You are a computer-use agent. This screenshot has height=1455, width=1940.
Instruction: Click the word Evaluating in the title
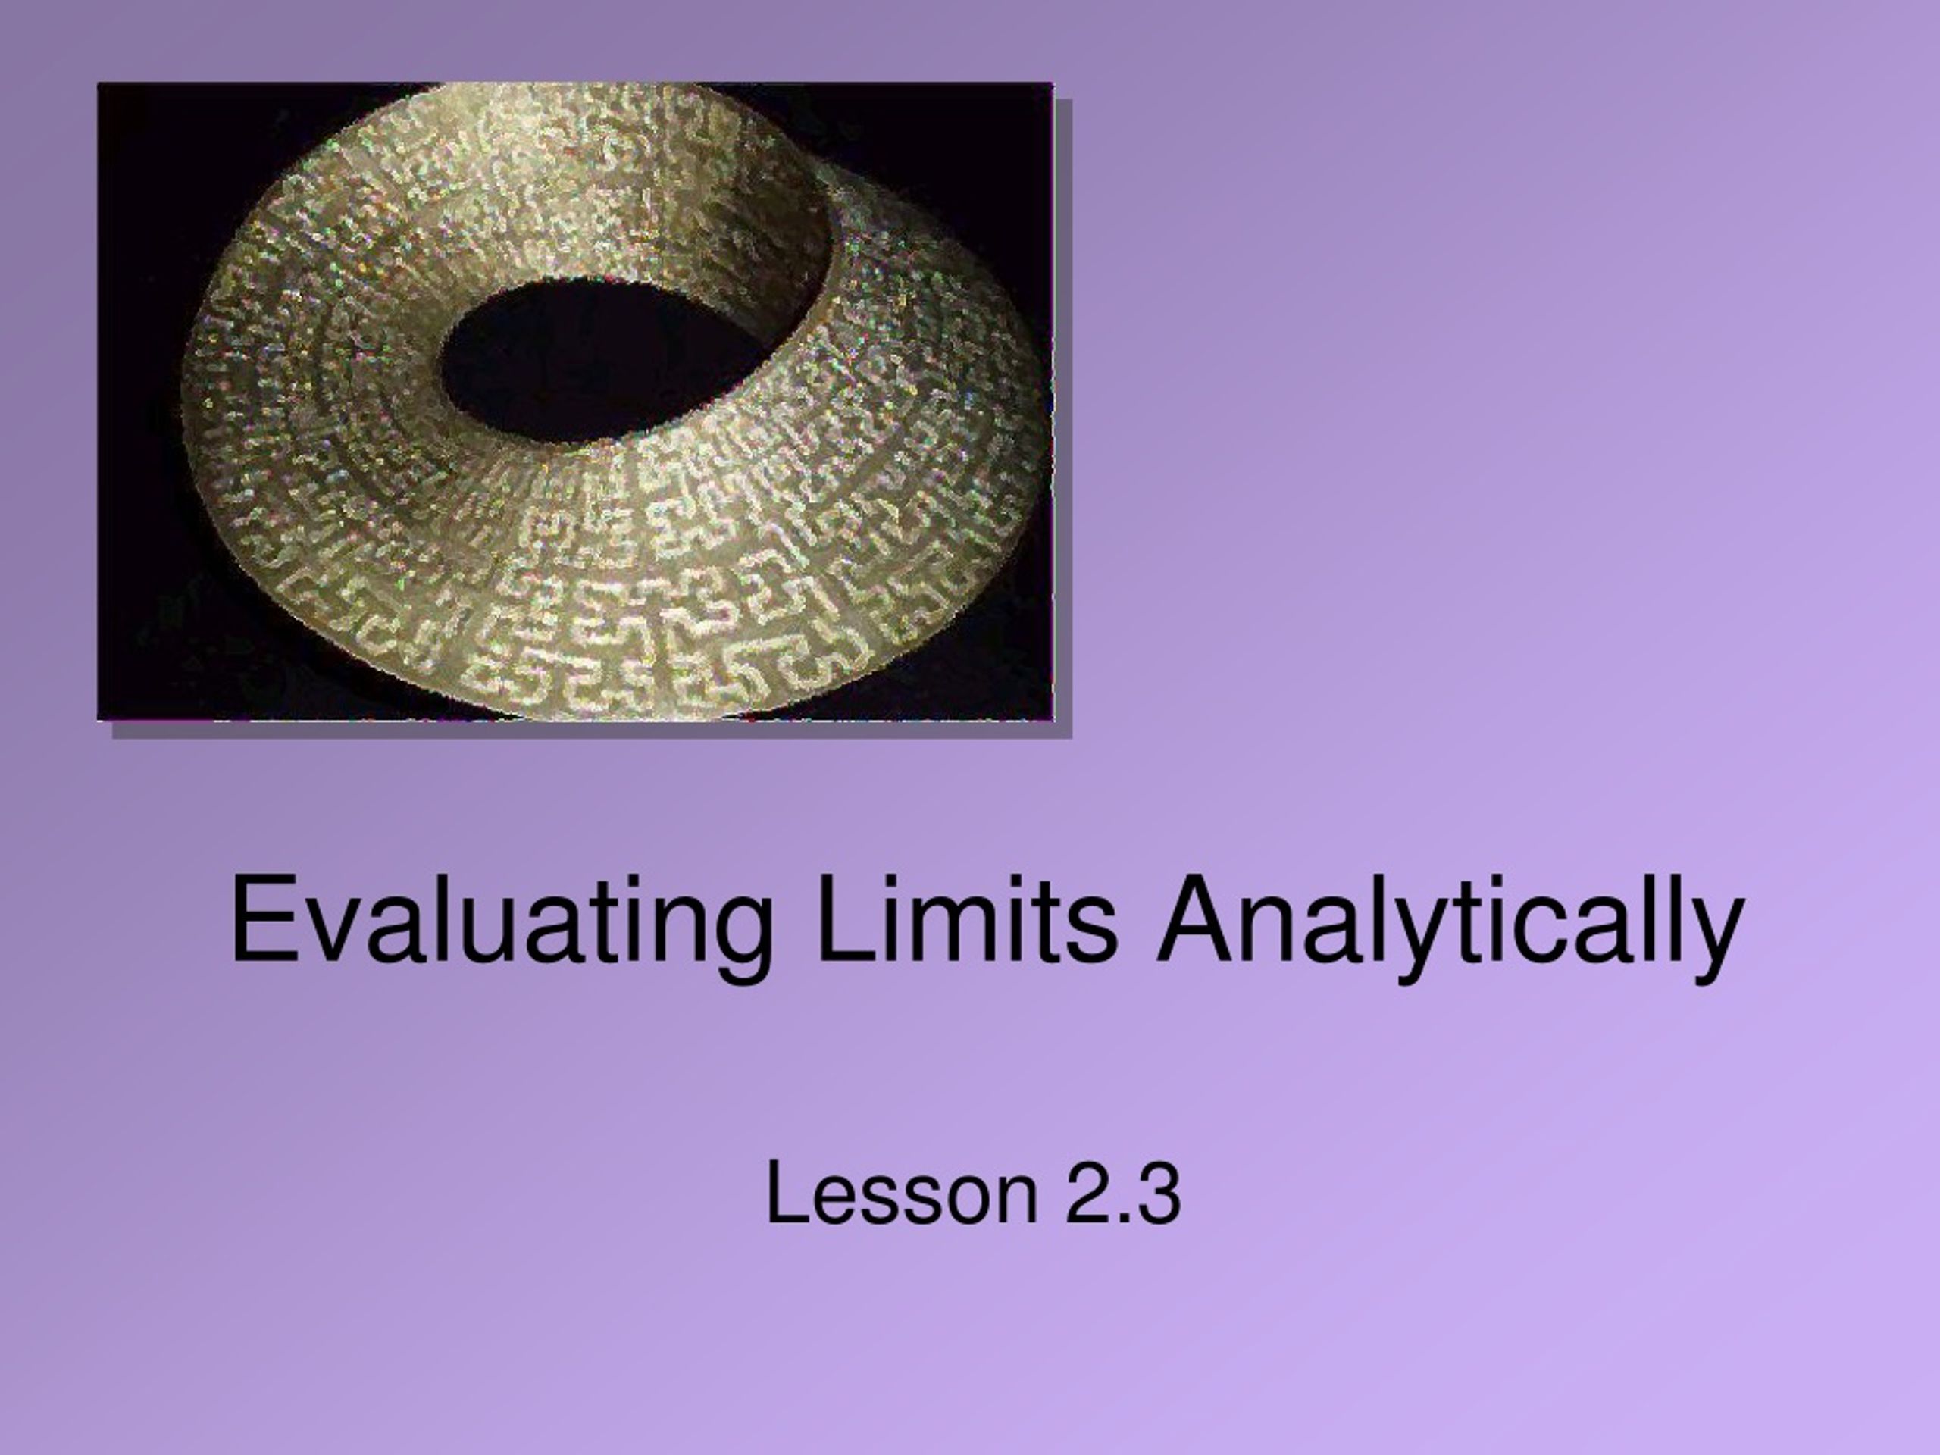point(502,927)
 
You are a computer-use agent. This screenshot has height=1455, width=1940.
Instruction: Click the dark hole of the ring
point(605,360)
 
